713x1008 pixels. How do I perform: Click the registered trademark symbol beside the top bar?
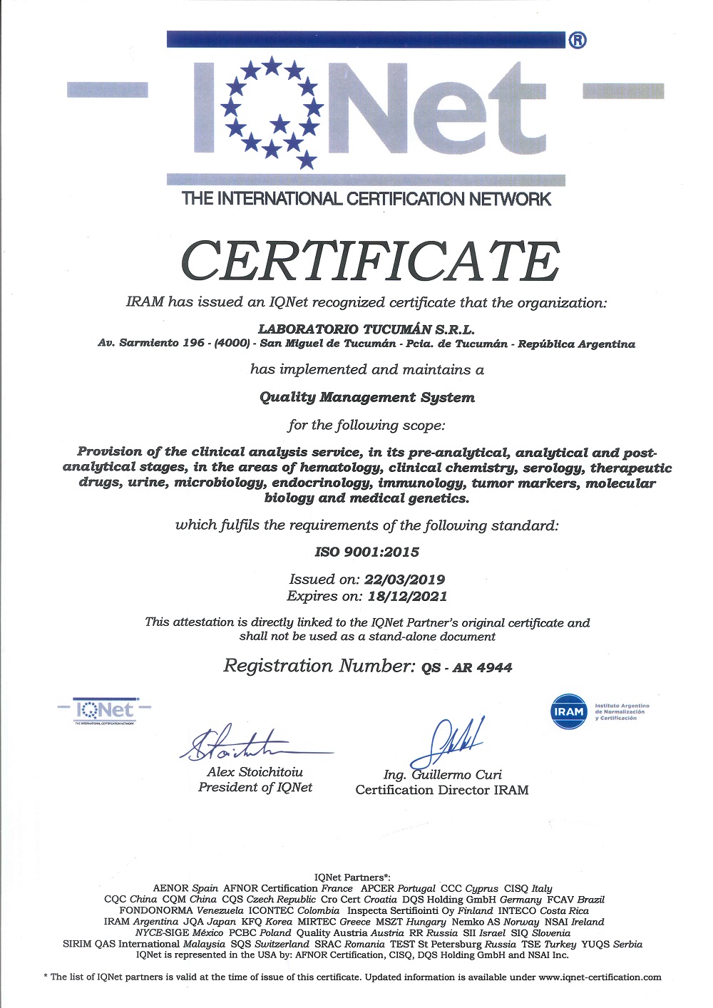(578, 41)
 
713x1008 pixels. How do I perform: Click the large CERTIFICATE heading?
(370, 261)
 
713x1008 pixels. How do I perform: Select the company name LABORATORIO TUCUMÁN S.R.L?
(366, 329)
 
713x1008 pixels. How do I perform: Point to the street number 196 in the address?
(193, 344)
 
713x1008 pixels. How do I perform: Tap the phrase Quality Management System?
(366, 397)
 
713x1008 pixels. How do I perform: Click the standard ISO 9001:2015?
(366, 552)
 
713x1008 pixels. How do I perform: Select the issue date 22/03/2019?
(404, 580)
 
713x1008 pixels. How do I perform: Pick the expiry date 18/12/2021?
(407, 596)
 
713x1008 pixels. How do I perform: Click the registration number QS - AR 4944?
(466, 667)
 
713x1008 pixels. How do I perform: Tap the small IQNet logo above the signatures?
(105, 711)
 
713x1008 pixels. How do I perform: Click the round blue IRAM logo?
(568, 711)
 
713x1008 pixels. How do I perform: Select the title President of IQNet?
(255, 787)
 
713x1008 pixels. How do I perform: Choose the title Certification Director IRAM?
(442, 790)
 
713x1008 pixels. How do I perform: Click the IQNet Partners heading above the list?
(352, 877)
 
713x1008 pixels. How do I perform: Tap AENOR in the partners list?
(171, 888)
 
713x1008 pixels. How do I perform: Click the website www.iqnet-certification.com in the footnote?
(600, 977)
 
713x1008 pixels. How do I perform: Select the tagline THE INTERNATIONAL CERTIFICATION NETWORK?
(366, 199)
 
